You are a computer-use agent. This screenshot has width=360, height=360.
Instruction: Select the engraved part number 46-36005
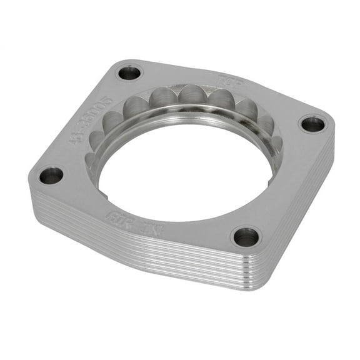[x=91, y=118]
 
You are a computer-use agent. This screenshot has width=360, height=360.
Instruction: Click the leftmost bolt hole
[x=51, y=176]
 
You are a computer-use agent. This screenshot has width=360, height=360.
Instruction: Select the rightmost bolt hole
[x=312, y=123]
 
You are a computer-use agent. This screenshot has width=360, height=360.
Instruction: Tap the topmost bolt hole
[x=129, y=72]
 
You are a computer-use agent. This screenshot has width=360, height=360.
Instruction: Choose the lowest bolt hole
[x=245, y=236]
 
